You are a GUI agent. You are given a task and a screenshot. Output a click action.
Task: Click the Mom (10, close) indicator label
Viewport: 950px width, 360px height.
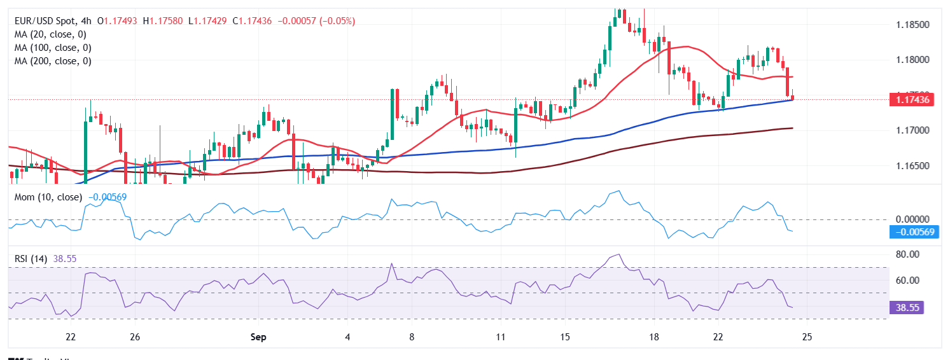[48, 197]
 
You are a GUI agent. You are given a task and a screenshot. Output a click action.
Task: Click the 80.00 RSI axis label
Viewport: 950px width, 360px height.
[906, 254]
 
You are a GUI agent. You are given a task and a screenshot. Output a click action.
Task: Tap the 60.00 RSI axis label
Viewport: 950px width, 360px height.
[906, 280]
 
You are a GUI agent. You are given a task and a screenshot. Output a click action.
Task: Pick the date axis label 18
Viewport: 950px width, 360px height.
[653, 336]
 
